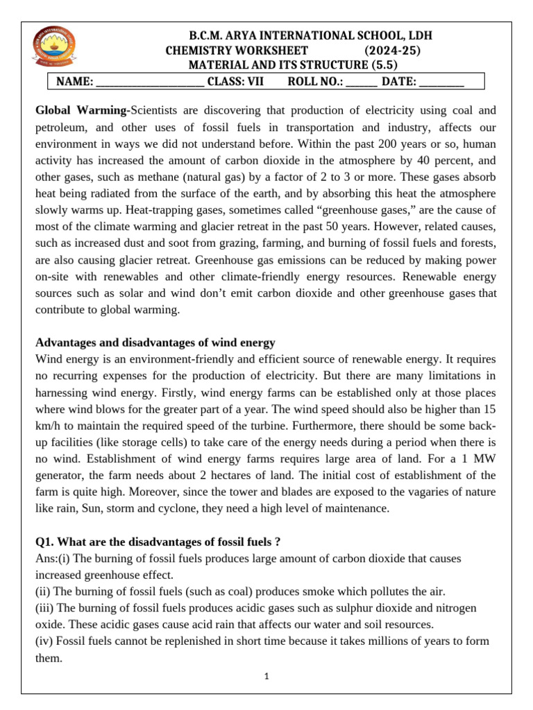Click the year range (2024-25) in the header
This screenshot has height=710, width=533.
tap(392, 51)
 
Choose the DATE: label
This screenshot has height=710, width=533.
tap(399, 82)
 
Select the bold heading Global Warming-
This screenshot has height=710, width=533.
tap(83, 110)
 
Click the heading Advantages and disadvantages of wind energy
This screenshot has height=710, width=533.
tap(155, 343)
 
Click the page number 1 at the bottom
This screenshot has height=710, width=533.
tap(267, 677)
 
